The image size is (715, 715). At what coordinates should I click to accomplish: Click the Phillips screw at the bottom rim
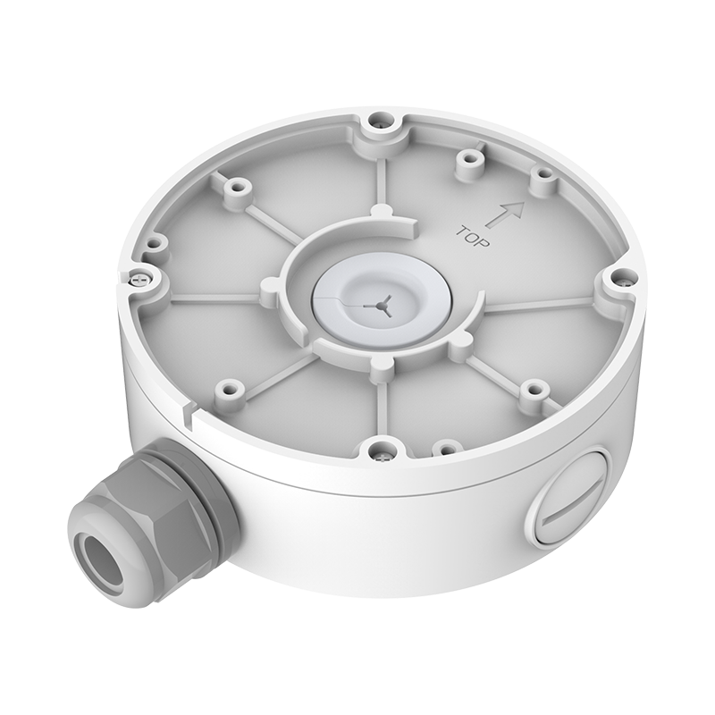tap(381, 453)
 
